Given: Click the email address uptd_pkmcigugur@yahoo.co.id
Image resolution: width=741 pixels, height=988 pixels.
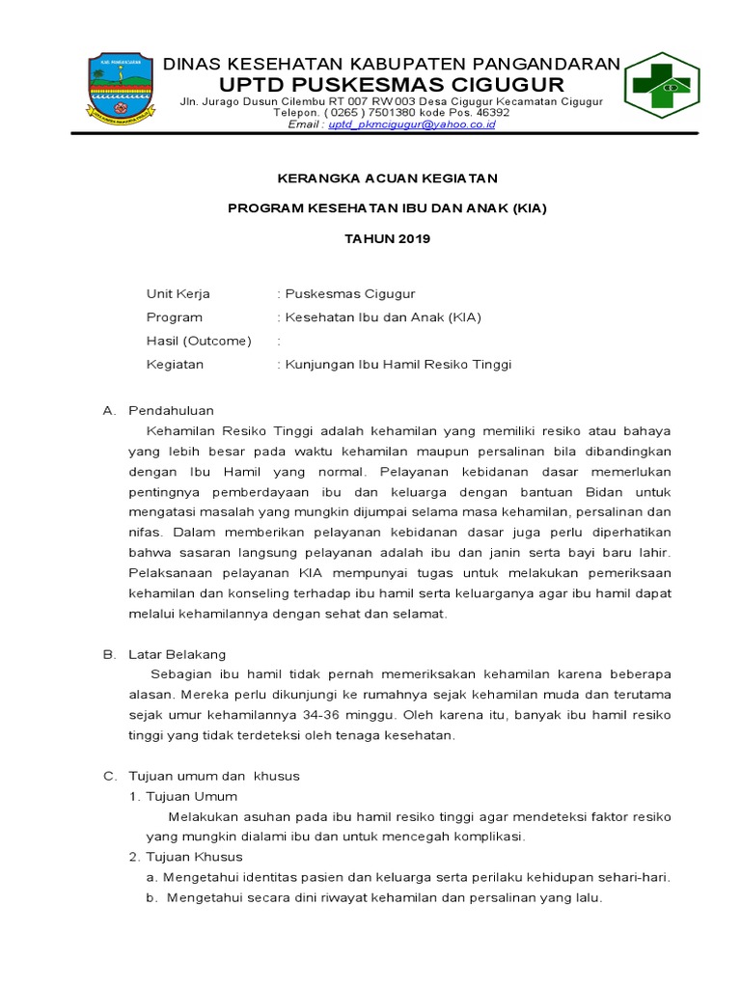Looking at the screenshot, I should point(411,124).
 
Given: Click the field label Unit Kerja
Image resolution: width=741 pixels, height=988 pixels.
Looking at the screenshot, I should point(178,294).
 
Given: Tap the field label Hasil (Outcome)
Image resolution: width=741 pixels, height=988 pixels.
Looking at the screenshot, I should point(198,341).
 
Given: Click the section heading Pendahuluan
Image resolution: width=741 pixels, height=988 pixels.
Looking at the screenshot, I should point(171,410).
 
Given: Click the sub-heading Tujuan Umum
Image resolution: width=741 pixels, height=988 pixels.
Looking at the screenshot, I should point(190,796).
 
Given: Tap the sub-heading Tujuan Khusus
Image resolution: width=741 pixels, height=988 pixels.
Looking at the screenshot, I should point(193,857).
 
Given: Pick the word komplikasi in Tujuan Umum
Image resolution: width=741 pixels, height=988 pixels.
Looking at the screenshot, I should point(486,837).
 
